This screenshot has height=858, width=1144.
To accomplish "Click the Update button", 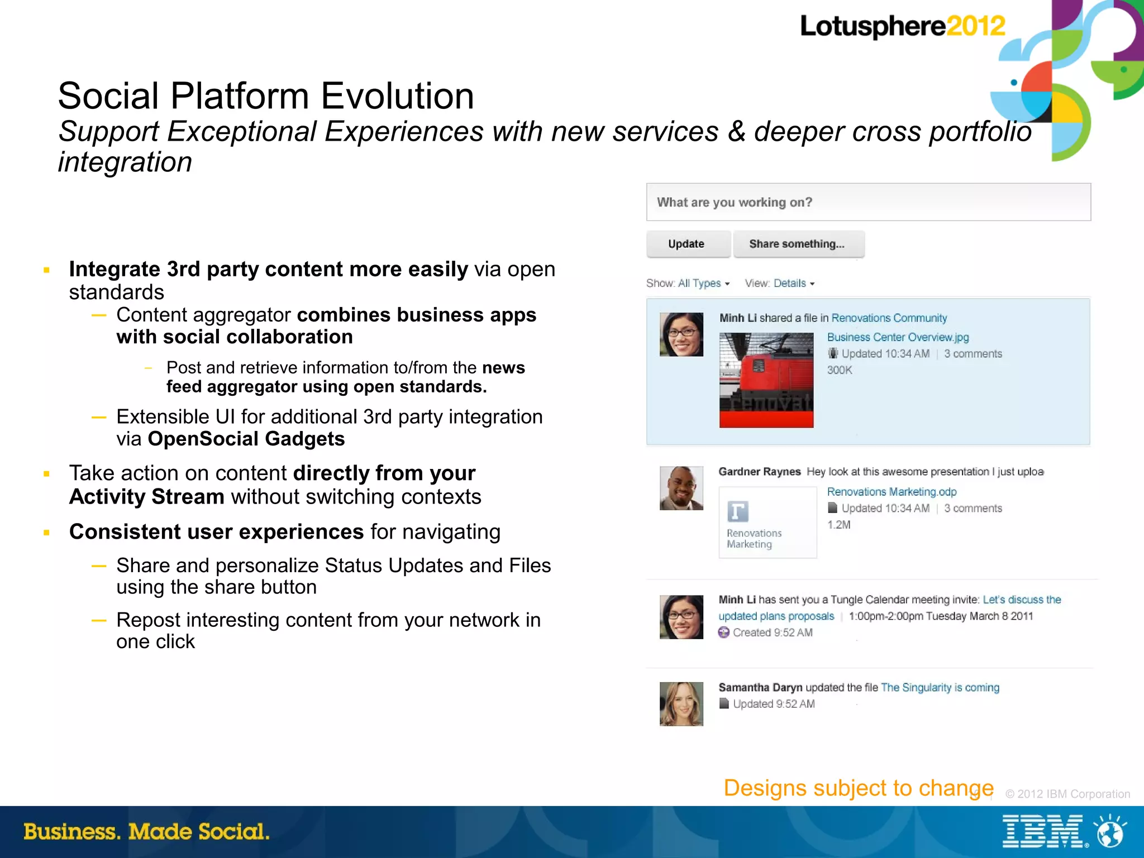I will coord(687,244).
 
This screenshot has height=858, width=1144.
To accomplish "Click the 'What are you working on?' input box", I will coord(867,202).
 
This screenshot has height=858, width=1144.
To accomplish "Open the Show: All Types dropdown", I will coord(688,284).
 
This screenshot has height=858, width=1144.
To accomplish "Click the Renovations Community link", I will coord(889,318).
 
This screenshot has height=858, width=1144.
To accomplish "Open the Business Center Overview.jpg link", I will coord(898,337).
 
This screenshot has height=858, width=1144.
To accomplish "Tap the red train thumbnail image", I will coord(766,380).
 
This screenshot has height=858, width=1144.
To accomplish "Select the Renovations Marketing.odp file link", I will coord(892,492).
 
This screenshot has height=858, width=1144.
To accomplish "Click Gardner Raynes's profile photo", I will coord(681,488).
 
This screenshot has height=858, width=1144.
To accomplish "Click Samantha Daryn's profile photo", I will coord(681,703).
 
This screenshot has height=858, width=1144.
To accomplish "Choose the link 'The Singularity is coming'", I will coord(940,688).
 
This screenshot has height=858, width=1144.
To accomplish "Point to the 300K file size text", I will coord(840,370).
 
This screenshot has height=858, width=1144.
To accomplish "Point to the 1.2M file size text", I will coord(838,525).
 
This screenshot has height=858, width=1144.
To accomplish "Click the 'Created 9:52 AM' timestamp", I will coord(772,632).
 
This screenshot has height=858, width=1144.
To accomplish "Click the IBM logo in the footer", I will coord(1042,832).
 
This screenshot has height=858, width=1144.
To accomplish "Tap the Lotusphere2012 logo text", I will coord(902,26).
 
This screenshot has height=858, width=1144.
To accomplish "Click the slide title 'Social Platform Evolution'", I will coord(266,96).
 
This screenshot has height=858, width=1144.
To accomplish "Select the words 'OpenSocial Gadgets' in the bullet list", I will coord(246,439).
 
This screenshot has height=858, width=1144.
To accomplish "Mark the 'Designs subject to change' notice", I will coord(858,788).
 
